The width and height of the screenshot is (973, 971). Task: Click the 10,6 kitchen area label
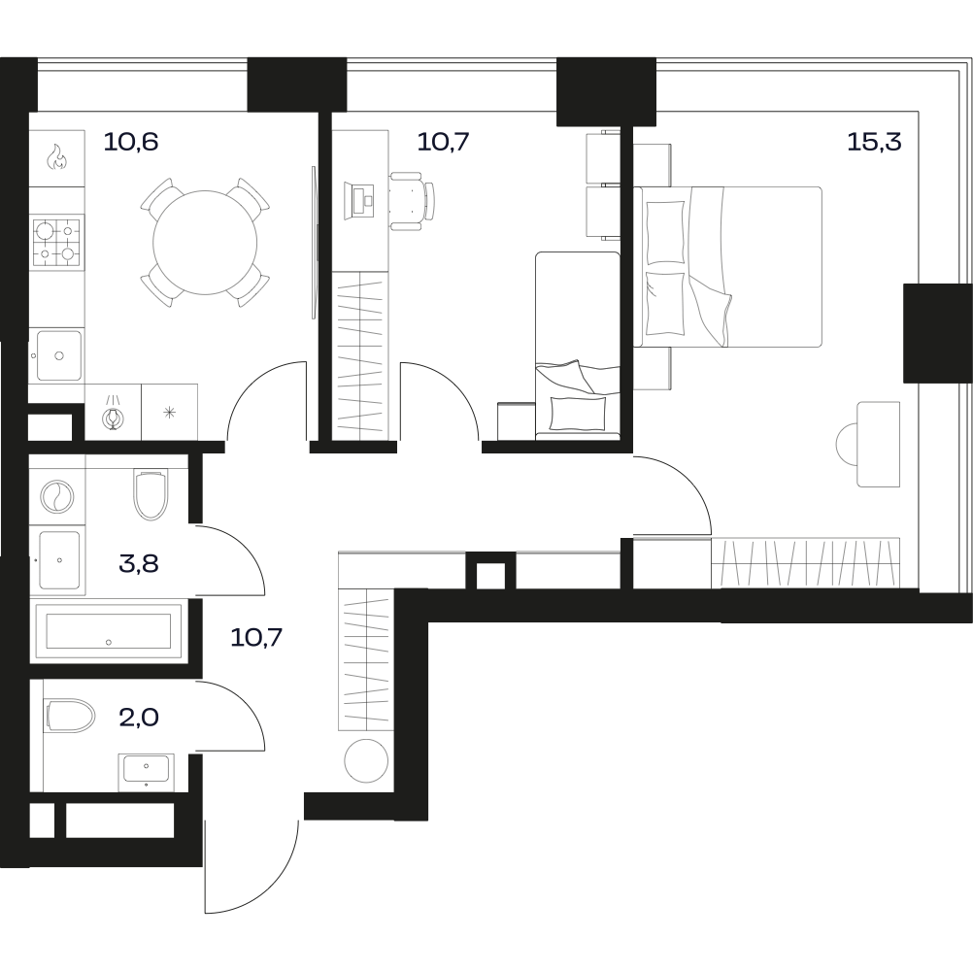131,142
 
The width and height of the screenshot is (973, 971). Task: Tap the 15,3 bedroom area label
874,142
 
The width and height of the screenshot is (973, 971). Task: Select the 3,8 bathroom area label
139,564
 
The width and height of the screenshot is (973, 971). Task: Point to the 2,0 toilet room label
139,718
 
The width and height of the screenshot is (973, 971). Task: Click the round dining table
205,243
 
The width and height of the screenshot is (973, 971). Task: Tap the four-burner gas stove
58,240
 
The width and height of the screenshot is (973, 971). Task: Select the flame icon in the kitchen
57,157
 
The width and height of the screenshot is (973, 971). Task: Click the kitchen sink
58,355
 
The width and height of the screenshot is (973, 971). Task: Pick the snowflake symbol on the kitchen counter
169,412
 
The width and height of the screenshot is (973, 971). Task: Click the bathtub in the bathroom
109,631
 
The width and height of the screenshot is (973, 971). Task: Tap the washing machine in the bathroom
57,496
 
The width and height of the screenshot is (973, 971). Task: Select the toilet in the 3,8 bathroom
151,494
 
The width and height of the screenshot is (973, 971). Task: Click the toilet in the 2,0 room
69,716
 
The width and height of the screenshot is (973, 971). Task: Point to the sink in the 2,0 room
147,769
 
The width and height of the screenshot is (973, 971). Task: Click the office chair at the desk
412,201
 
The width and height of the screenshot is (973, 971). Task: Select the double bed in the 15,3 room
727,266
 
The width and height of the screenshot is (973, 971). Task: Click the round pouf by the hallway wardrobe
366,760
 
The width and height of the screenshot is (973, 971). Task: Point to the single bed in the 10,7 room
578,346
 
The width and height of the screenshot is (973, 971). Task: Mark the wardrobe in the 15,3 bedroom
805,563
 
